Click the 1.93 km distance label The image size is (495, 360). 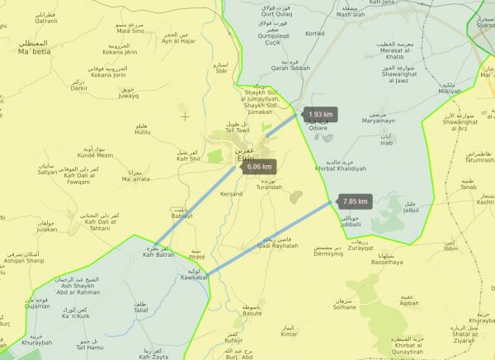tap(321, 114)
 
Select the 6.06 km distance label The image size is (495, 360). tap(258, 167)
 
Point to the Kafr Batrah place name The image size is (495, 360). tap(158, 253)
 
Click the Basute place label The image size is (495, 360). tap(252, 313)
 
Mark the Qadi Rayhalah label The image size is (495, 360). tap(278, 246)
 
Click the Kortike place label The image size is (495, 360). tap(315, 33)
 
